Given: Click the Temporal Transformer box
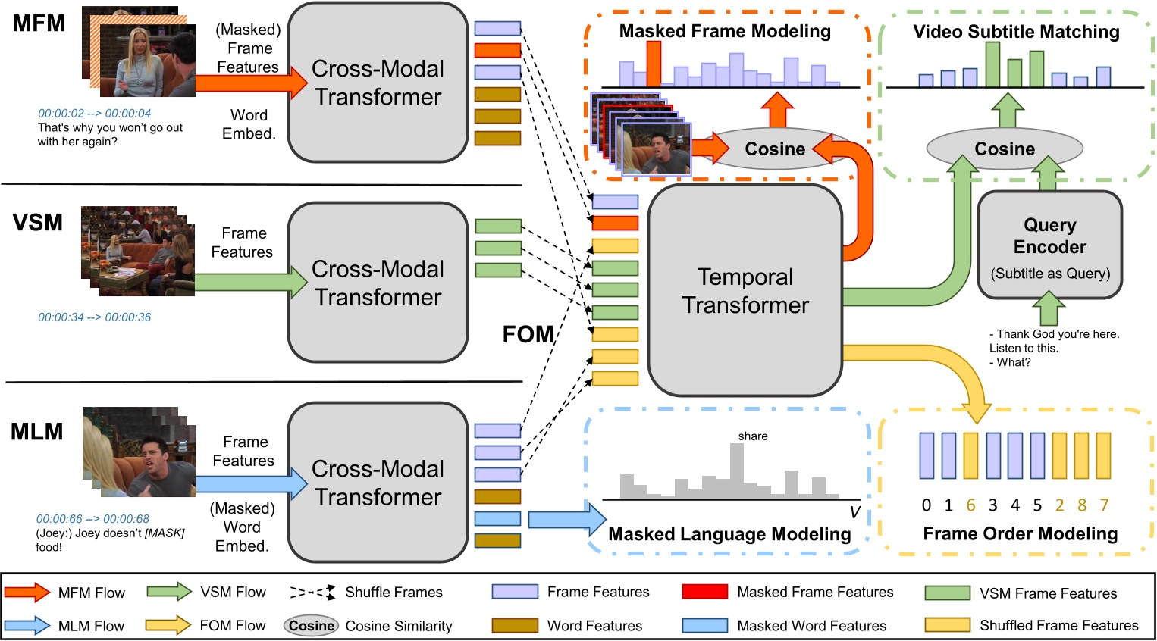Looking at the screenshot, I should pyautogui.click(x=745, y=290).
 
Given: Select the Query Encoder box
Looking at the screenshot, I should pyautogui.click(x=1049, y=245).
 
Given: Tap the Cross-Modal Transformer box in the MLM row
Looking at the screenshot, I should pyautogui.click(x=378, y=483).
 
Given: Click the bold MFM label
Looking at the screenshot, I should pyautogui.click(x=39, y=23).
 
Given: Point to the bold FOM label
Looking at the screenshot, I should pyautogui.click(x=528, y=334).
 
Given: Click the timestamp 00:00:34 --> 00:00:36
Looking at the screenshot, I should pyautogui.click(x=95, y=317).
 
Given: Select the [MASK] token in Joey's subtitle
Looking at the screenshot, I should pyautogui.click(x=165, y=533).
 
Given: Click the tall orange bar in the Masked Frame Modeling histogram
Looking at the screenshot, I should pyautogui.click(x=654, y=64).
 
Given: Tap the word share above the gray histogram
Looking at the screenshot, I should pyautogui.click(x=753, y=436).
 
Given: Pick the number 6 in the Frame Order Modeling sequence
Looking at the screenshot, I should pyautogui.click(x=970, y=505).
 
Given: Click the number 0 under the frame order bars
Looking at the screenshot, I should pyautogui.click(x=927, y=505).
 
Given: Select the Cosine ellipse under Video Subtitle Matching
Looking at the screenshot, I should pyautogui.click(x=1005, y=149).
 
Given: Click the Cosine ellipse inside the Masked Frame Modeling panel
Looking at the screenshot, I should pyautogui.click(x=774, y=149).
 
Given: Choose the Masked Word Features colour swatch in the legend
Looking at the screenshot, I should pyautogui.click(x=704, y=626).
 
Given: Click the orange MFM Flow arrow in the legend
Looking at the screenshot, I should pyautogui.click(x=27, y=593).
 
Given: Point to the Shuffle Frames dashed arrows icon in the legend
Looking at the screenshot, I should pyautogui.click(x=312, y=593).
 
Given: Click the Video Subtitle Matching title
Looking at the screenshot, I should pyautogui.click(x=1016, y=32).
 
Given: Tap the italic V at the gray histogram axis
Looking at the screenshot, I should pyautogui.click(x=854, y=513).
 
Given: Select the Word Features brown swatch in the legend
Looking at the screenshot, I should pyautogui.click(x=515, y=626).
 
